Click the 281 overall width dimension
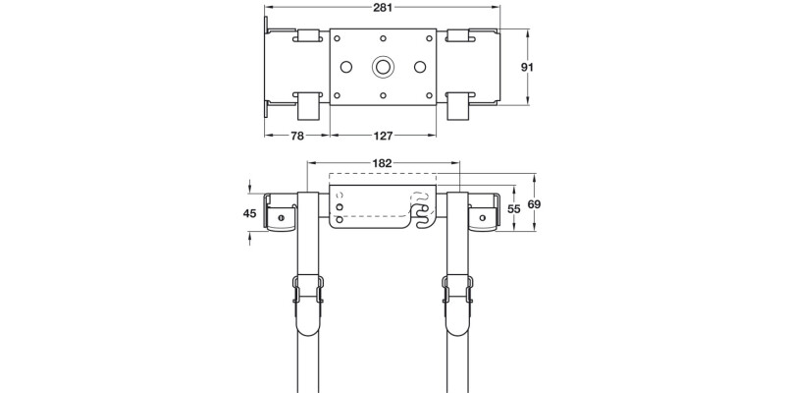(384, 8)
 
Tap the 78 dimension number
(297, 138)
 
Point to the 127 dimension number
(384, 138)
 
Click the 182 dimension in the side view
(383, 163)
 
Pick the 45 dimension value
(249, 213)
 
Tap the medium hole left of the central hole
(345, 67)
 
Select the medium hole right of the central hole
(421, 67)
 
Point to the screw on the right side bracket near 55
(483, 217)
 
